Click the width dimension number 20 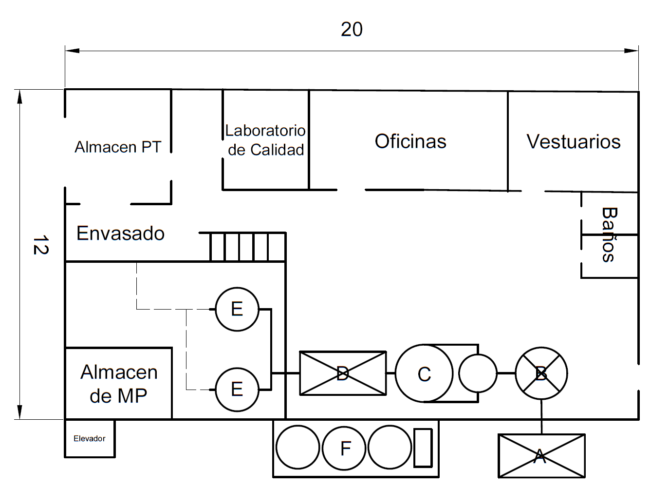(x=352, y=29)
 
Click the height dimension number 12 (x=41, y=245)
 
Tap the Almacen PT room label (x=118, y=147)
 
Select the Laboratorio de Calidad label (x=265, y=140)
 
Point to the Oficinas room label (x=410, y=141)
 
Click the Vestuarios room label (x=574, y=141)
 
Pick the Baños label (x=609, y=235)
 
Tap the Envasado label (x=120, y=233)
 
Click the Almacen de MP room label (x=119, y=384)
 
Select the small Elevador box (x=90, y=438)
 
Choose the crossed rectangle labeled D (x=343, y=373)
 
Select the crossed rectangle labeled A (x=541, y=456)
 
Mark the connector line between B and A (x=541, y=417)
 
